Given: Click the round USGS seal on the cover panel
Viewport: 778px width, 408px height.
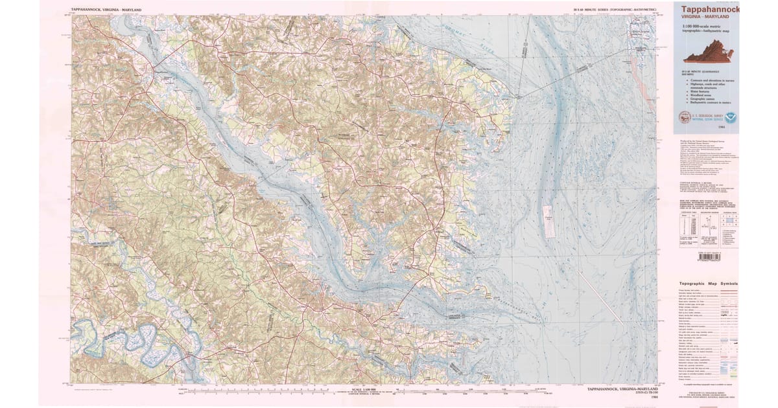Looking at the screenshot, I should click(x=685, y=118).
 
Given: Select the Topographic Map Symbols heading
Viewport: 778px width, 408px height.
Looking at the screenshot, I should click(x=708, y=284).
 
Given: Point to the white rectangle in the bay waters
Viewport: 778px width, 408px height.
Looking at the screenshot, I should click(x=547, y=220).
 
